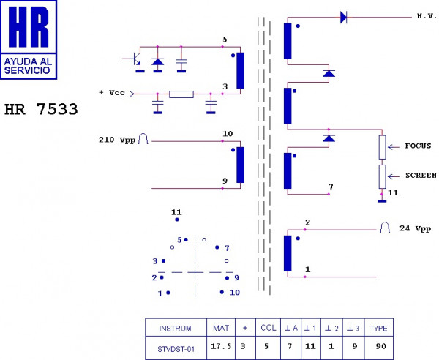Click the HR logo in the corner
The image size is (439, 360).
29,40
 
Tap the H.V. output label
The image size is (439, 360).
427,16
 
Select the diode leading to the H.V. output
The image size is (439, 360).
344,18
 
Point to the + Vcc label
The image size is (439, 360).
112,93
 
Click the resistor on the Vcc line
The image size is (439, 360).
181,94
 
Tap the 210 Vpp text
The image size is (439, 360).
117,140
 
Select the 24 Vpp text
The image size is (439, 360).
415,228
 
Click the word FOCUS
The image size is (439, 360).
418,146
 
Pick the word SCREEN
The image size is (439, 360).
421,175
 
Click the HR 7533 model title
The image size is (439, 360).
41,109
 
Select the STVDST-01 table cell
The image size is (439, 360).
176,349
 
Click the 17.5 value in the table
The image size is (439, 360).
221,346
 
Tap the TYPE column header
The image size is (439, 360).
378,328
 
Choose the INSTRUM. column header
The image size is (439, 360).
176,328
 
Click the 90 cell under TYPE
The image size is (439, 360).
381,346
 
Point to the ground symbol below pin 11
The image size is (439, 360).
382,201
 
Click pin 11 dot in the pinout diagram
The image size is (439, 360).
177,220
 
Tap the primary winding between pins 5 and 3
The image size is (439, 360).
240,70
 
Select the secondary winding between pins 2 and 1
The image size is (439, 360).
288,254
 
